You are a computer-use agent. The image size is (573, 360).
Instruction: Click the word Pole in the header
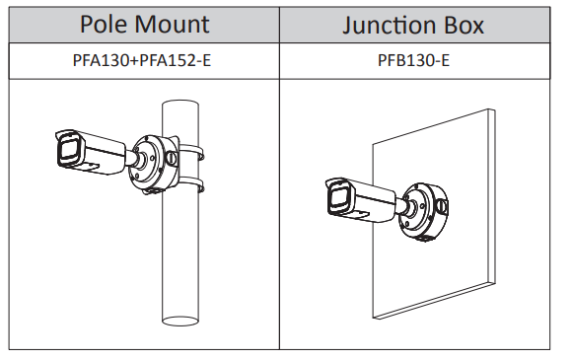(x=105, y=24)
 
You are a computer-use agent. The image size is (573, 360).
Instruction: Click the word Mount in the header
(x=173, y=24)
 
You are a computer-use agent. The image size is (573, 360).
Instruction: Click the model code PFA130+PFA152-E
(x=142, y=60)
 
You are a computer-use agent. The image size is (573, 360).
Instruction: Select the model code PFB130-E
(x=413, y=60)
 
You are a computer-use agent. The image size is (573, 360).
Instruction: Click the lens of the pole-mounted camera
(x=68, y=150)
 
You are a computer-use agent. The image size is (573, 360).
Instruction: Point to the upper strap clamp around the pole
(x=191, y=150)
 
